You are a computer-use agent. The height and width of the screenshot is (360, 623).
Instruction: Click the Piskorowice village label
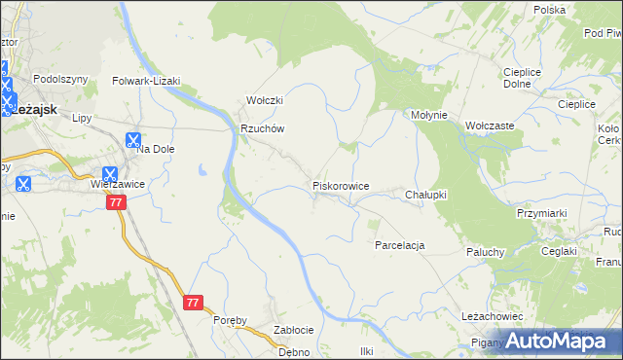click(340, 185)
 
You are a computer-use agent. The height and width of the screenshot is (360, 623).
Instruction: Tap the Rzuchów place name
click(262, 129)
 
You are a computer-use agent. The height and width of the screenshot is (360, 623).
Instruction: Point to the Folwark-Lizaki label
click(147, 81)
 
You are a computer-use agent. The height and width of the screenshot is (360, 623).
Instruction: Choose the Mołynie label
click(428, 115)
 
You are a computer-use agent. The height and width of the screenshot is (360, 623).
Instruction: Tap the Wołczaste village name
click(490, 126)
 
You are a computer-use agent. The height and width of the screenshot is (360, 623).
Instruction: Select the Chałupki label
click(425, 195)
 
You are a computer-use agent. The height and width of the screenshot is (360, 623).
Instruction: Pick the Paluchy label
click(484, 252)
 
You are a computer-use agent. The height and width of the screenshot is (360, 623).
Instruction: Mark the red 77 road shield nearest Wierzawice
click(117, 202)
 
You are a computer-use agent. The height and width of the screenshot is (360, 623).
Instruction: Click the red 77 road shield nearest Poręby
click(193, 303)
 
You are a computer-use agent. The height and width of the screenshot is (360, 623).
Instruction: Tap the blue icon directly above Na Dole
click(133, 139)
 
